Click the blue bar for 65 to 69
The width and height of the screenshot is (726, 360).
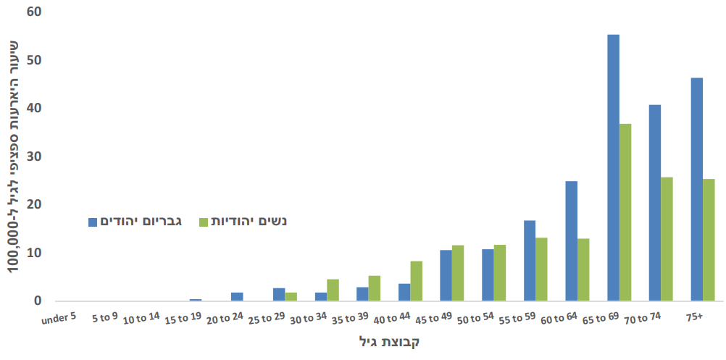click(613, 167)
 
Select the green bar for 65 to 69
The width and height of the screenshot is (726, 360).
click(625, 212)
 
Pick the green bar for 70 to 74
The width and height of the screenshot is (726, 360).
click(667, 239)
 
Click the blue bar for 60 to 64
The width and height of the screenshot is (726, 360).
click(571, 240)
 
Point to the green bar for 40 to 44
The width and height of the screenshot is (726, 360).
click(417, 281)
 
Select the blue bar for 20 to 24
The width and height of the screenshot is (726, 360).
click(237, 296)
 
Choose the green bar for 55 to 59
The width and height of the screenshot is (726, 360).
click(541, 269)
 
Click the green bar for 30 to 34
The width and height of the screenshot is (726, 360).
click(333, 290)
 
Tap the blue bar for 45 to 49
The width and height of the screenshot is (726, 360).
click(446, 275)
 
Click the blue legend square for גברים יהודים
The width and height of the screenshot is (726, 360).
click(93, 221)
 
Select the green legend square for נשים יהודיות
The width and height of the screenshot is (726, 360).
click(204, 221)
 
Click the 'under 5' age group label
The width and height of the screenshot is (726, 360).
click(58, 317)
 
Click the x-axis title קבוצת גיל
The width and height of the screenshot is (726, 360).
click(389, 341)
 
